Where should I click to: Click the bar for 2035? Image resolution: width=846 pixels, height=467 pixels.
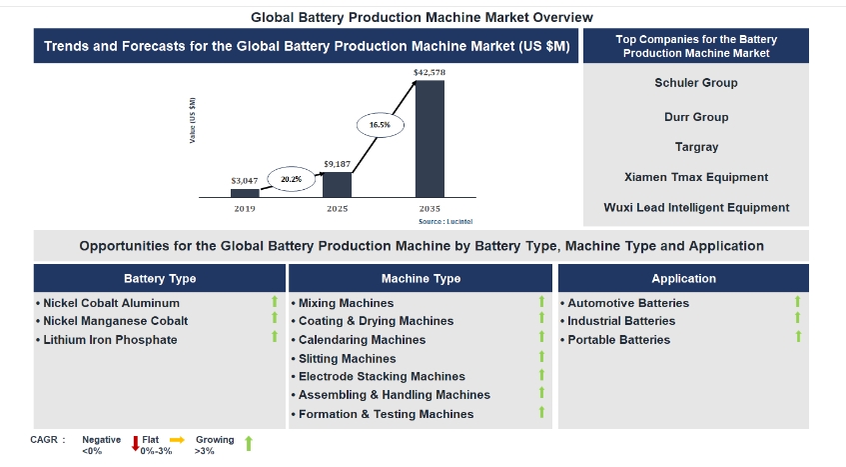coord(429,139)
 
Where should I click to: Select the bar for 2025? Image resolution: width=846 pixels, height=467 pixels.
coord(338,185)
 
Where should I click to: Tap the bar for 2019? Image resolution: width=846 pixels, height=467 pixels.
coord(245,193)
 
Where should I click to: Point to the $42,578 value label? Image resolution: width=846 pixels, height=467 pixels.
coord(429,73)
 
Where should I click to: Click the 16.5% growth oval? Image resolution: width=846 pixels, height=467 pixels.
coord(380,125)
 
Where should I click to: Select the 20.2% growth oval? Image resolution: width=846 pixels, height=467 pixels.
coord(291,179)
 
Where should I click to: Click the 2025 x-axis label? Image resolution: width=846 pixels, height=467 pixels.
coord(338,208)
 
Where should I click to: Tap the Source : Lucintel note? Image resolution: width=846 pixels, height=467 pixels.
coord(444,220)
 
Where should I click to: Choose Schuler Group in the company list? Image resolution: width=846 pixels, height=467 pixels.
coord(696,83)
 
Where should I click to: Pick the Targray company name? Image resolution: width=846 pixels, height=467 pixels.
coord(696,147)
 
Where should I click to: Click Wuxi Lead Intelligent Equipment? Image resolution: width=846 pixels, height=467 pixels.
coord(696,208)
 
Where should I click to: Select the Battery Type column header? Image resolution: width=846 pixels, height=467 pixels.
coord(160,279)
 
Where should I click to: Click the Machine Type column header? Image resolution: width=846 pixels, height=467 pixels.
coord(421,279)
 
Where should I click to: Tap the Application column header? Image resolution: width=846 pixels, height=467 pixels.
coord(683,279)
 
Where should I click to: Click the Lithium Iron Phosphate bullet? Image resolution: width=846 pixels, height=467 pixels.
coord(110,340)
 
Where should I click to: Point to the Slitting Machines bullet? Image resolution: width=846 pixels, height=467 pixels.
coord(347,358)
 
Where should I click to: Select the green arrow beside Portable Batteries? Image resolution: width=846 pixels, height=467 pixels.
coord(798,337)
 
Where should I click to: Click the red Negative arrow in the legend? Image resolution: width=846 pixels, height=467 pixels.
coord(136,444)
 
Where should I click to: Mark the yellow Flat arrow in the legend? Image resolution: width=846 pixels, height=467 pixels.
coord(177,439)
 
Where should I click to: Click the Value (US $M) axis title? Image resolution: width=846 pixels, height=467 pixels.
coord(193,120)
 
